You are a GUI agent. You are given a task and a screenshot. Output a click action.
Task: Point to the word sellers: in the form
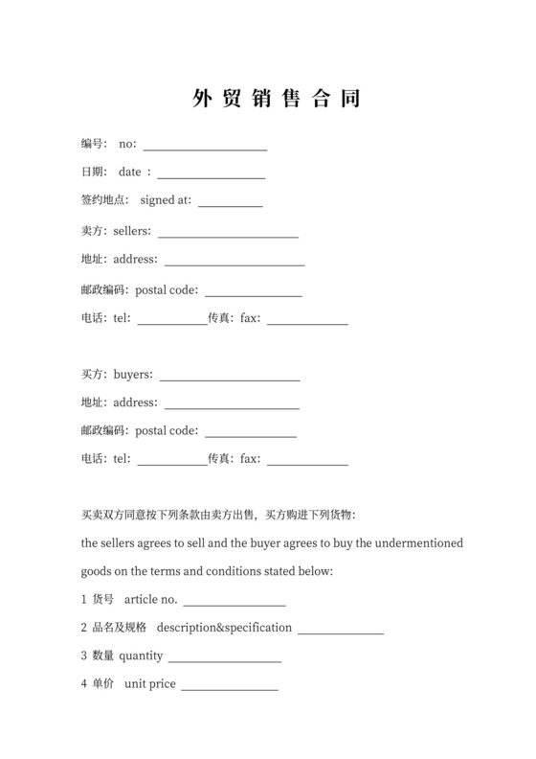point(132,231)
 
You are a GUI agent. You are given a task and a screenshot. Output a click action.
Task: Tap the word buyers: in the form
point(133,375)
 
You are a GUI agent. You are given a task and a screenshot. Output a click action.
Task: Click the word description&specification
point(224,628)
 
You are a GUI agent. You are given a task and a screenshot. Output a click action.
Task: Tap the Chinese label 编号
point(93,144)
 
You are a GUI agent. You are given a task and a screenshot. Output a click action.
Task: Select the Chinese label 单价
point(103,684)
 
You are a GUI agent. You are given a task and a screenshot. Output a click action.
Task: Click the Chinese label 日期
point(93,172)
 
